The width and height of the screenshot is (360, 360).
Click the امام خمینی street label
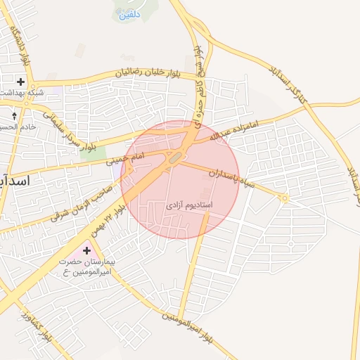(124, 157)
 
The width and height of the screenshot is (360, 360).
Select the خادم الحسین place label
(17, 127)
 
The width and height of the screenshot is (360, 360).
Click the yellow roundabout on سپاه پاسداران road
(285, 199)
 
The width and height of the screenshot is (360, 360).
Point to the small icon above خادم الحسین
(15, 114)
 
